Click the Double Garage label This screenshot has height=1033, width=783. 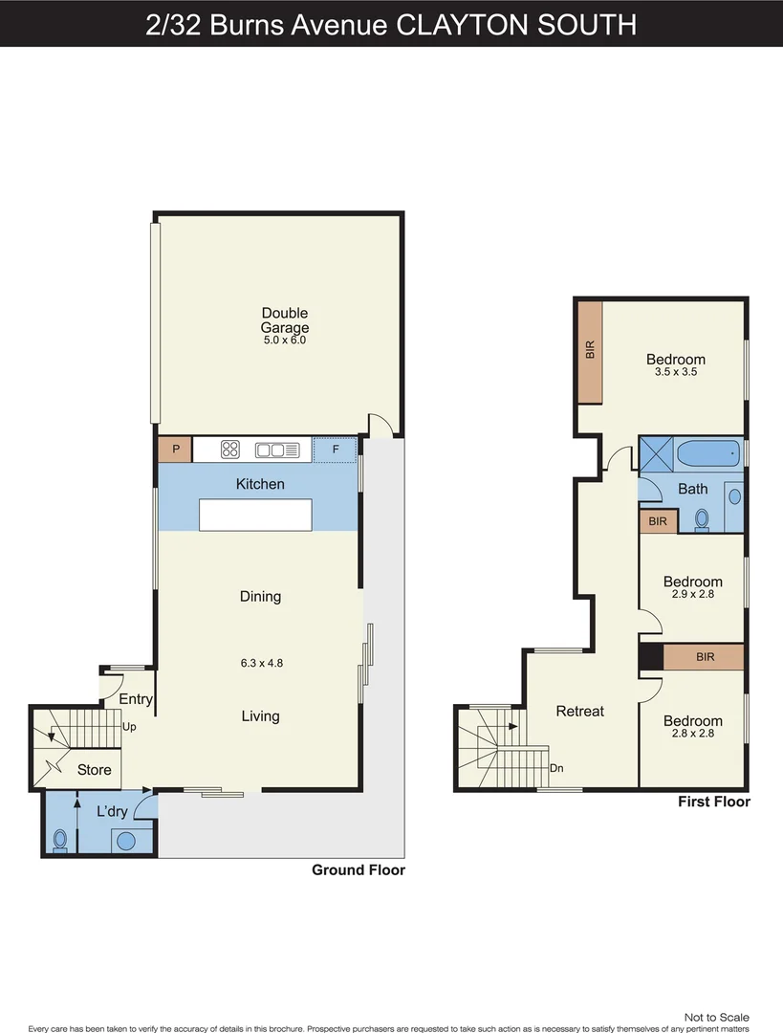click(x=285, y=320)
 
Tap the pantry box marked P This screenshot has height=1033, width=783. click(x=175, y=449)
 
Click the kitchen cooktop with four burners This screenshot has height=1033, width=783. click(x=230, y=449)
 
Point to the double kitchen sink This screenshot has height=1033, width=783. click(x=277, y=449)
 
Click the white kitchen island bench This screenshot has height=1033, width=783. click(x=255, y=515)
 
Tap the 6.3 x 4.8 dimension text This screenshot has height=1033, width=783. click(x=260, y=661)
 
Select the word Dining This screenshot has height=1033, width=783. click(x=260, y=597)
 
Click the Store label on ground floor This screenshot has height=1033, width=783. click(x=94, y=770)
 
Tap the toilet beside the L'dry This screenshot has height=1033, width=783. click(x=60, y=840)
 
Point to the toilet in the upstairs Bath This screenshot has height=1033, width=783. click(x=703, y=519)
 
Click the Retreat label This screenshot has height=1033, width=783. click(x=580, y=712)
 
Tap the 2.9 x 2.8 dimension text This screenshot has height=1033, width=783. click(x=693, y=594)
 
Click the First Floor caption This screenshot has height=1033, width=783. click(x=713, y=802)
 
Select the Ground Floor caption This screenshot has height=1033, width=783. click(x=359, y=870)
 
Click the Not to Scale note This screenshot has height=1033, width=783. click(x=716, y=1018)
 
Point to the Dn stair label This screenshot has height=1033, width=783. click(x=555, y=768)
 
